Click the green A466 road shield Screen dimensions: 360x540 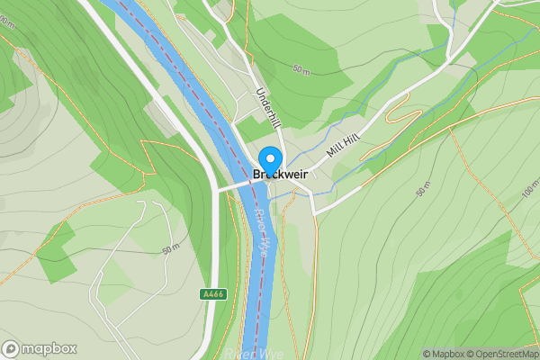click(212, 294)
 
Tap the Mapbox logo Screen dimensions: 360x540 click(40, 348)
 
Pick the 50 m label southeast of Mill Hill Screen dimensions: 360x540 click(423, 187)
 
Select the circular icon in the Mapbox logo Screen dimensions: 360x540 click(11, 348)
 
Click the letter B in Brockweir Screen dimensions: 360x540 click(258, 175)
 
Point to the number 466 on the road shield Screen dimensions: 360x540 click(215, 294)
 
